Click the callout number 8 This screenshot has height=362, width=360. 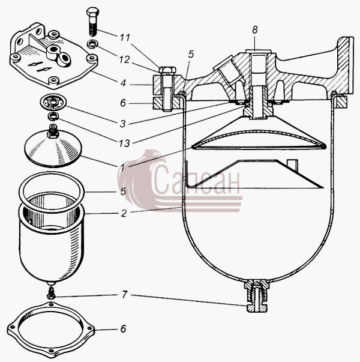tap(255, 30)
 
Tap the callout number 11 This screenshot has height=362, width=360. tap(125, 38)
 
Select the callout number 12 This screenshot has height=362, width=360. tap(124, 60)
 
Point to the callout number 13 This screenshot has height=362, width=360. tap(124, 143)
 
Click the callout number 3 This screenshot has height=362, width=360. tap(123, 124)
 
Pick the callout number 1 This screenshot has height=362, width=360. tap(122, 167)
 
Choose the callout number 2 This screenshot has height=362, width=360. tap(124, 213)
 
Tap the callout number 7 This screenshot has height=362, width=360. tap(124, 294)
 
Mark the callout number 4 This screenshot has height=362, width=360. tap(123, 83)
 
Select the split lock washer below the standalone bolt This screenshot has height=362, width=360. tap(93, 44)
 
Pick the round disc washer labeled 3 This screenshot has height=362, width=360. tap(53, 102)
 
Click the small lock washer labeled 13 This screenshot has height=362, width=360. tap(53, 116)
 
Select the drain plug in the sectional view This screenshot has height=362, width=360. tap(257, 296)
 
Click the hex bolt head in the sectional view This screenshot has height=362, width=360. tap(167, 70)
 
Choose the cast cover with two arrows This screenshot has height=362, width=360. tap(53, 56)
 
